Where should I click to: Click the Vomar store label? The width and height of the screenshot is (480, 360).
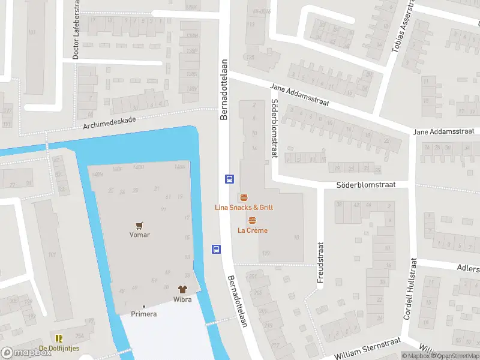139,235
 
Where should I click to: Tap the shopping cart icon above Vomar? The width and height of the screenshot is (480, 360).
139,225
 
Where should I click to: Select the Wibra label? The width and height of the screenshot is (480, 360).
182,299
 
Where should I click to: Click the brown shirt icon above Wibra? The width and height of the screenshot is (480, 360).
182,289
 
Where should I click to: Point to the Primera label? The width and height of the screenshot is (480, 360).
144,314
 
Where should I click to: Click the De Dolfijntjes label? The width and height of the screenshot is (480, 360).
59,349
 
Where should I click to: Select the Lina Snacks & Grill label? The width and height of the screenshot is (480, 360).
244,208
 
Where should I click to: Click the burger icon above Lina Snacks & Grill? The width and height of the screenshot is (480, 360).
244,197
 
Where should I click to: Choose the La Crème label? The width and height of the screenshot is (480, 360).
252,230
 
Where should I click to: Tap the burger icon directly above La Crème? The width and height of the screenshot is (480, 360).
252,220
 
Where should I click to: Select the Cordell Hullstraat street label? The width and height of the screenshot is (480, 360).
410,289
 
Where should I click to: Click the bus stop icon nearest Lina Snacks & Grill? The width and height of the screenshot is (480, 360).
229,178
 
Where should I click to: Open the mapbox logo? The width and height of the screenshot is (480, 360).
26,353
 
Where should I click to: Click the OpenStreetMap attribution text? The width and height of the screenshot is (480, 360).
457,356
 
